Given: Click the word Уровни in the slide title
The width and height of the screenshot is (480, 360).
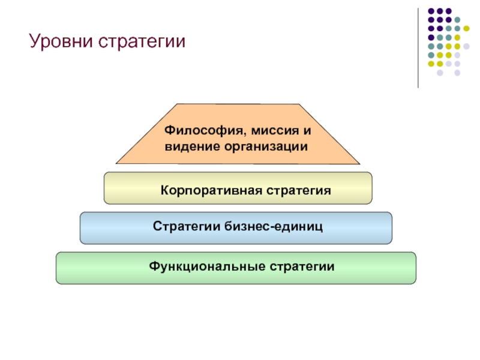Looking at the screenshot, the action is pos(61,41).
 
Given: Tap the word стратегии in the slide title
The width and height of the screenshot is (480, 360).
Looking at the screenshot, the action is pos(142,41).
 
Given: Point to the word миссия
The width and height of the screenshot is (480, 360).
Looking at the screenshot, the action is pos(275,131).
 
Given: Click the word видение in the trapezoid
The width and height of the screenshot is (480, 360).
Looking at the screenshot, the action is pos(192,146).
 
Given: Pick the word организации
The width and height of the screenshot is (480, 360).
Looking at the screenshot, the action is pos(266,147).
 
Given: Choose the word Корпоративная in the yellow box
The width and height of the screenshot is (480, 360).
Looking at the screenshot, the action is pos(212,190).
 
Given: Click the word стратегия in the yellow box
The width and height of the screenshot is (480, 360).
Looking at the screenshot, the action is pos(299,191).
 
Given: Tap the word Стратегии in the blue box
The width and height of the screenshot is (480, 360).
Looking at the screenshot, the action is pos(187,226).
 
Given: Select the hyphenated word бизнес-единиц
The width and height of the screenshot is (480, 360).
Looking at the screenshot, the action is pos(274,227).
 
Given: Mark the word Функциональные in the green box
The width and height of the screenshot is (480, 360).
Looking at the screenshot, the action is pos(207,266).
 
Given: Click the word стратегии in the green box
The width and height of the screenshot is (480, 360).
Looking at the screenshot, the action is pos(302,266).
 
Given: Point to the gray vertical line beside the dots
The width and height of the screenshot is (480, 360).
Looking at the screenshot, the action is pos(418,48).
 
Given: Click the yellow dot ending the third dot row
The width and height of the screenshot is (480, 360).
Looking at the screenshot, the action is pos(466,28).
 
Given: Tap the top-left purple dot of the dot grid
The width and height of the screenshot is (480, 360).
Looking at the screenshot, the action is pos(431,11).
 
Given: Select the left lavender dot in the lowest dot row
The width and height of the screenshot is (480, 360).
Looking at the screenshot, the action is pos(440,73).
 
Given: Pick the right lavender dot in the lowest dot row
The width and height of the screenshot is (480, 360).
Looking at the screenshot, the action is pos(457,73).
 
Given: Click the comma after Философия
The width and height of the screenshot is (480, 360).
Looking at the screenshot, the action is pos(245,134).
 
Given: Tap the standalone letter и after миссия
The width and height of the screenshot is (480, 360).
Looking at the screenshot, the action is pos(307,131).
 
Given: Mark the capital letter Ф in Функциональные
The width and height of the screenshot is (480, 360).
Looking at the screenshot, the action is pos(154,266).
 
